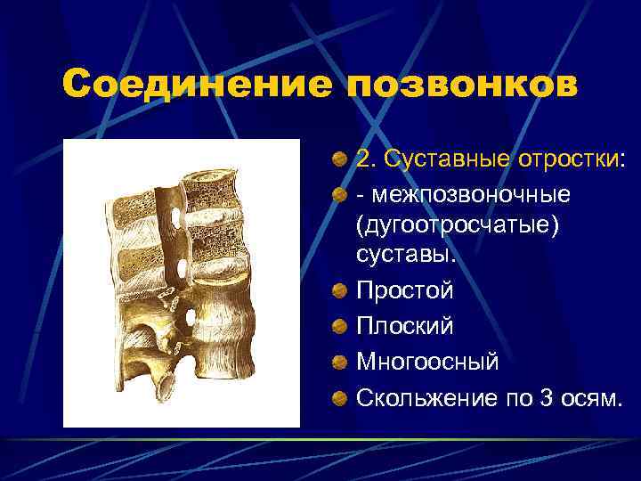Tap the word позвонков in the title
tap(462, 86)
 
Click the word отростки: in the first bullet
tap(566, 159)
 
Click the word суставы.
tap(405, 257)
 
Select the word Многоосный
tap(428, 363)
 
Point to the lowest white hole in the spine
tap(191, 318)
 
